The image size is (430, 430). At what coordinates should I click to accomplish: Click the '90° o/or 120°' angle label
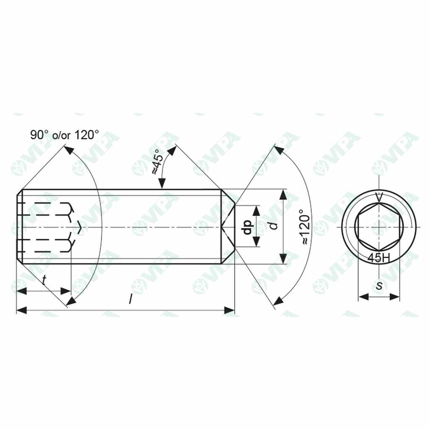point(64,135)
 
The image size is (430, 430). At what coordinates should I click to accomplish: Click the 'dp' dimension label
point(248,227)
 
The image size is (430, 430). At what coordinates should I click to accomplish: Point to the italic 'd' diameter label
point(274,225)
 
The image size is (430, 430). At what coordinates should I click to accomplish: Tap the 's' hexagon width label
point(379,286)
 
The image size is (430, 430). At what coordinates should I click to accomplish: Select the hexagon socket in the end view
point(379,227)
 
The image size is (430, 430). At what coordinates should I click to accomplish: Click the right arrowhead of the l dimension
point(230,310)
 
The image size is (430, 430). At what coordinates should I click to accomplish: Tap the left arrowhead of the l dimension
point(21,310)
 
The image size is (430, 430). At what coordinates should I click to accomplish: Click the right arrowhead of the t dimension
point(66,291)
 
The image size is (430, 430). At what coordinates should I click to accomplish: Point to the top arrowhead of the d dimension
point(283,194)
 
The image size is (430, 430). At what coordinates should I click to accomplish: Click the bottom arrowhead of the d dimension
point(283,259)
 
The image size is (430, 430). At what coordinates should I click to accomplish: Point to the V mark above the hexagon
point(379,196)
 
